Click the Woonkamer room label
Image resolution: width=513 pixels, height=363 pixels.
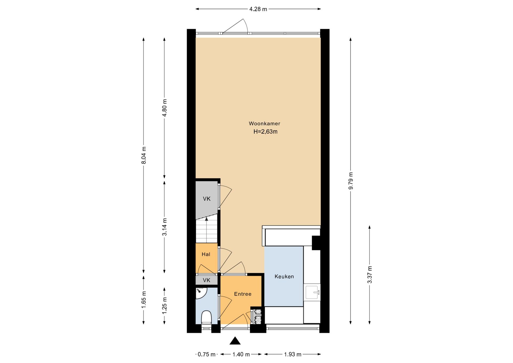click(264, 123)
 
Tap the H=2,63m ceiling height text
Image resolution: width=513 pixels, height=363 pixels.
click(265, 132)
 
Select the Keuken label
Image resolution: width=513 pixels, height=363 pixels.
click(284, 276)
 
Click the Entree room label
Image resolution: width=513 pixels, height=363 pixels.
click(243, 294)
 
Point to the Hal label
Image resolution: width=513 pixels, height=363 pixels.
click(206, 254)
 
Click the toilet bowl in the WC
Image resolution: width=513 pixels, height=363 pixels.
click(206, 317)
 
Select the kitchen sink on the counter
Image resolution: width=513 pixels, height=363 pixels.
click(313, 292)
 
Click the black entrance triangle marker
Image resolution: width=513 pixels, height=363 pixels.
click(235, 341)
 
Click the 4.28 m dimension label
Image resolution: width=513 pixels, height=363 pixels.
click(258, 9)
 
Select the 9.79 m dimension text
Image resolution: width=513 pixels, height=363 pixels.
click(351, 181)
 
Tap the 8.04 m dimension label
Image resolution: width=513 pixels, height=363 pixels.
click(144, 155)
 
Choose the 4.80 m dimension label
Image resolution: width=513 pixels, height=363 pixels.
click(165, 108)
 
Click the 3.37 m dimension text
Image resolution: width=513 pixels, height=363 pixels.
click(370, 275)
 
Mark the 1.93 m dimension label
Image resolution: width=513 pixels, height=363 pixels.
click(293, 354)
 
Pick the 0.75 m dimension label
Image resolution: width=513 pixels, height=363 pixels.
click(207, 354)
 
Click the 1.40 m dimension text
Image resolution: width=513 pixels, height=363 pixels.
click(241, 354)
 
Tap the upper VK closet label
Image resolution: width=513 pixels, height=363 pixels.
click(207, 199)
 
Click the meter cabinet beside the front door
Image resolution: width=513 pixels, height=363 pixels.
click(258, 316)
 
